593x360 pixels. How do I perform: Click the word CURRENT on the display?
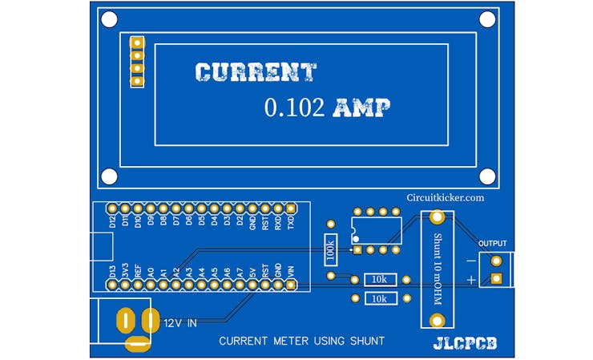coord(256,73)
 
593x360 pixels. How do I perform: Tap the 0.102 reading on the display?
coord(294,108)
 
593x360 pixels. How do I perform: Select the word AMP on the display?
coord(361,108)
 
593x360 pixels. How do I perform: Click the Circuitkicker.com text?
coord(445,197)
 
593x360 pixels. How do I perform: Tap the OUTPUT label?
coord(492,243)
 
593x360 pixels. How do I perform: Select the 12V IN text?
coord(180,322)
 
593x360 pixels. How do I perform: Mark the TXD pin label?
coord(290,221)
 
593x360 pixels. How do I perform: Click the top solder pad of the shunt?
coord(437,217)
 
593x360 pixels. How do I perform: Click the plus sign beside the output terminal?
coord(472,279)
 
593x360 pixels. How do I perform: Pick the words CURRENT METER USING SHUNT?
coord(302,341)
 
